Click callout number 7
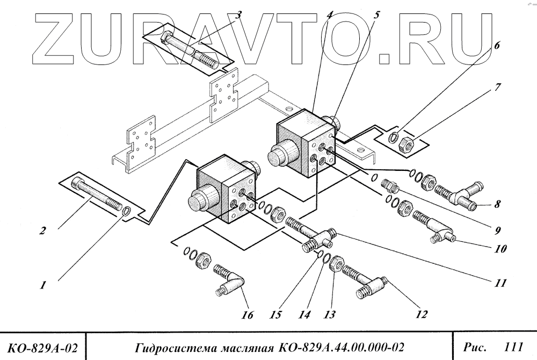[x=498, y=86]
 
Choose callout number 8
[x=498, y=204]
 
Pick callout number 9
[x=498, y=231]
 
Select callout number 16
[x=247, y=315]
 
